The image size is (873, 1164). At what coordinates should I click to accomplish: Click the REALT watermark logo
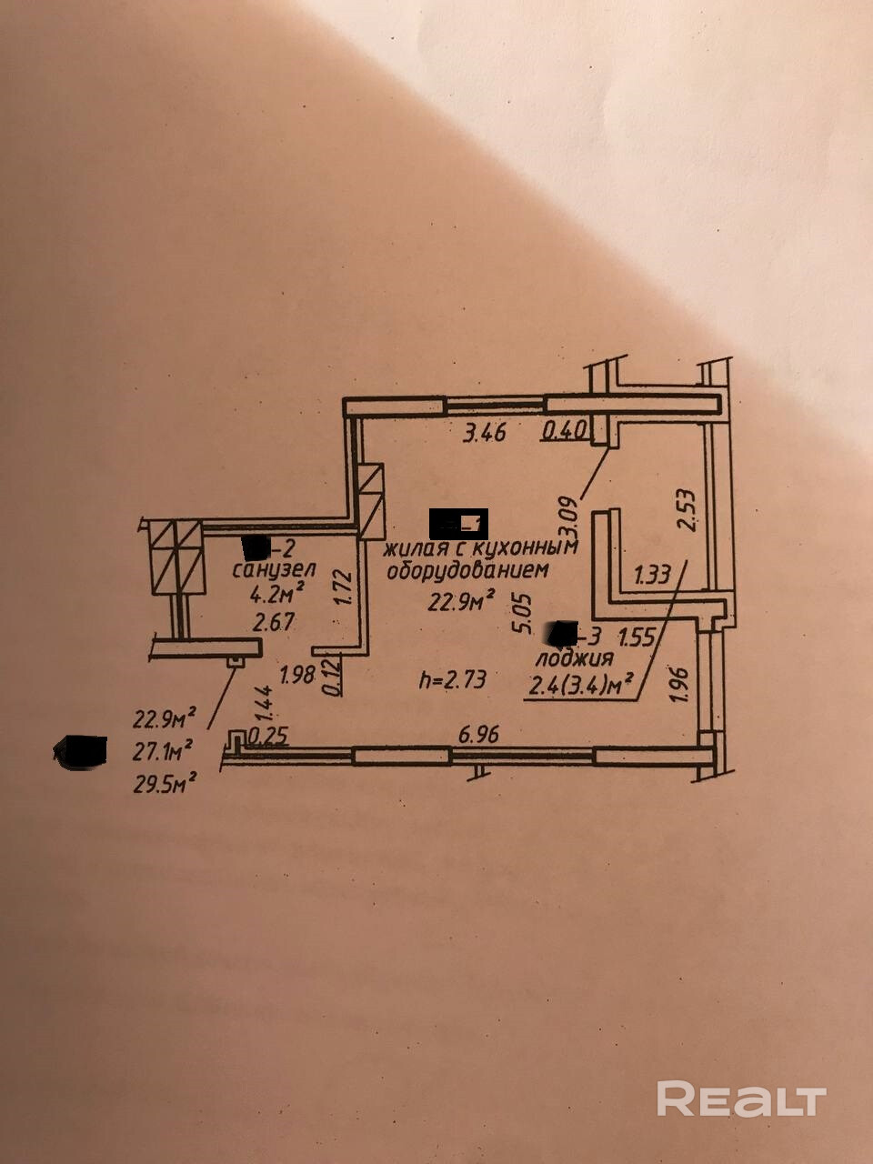[741, 1099]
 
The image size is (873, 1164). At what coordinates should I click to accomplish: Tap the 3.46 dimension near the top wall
[484, 434]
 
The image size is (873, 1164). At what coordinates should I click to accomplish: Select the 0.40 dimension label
[565, 430]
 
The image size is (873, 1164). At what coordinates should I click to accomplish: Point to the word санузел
[274, 571]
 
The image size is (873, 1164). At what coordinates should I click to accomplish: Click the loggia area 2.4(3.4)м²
[580, 683]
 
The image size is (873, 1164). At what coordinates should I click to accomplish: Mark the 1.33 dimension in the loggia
[652, 575]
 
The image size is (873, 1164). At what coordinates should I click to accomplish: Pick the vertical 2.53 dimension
[686, 514]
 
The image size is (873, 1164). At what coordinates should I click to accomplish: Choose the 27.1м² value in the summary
[164, 752]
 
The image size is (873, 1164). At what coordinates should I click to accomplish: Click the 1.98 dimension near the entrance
[297, 676]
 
